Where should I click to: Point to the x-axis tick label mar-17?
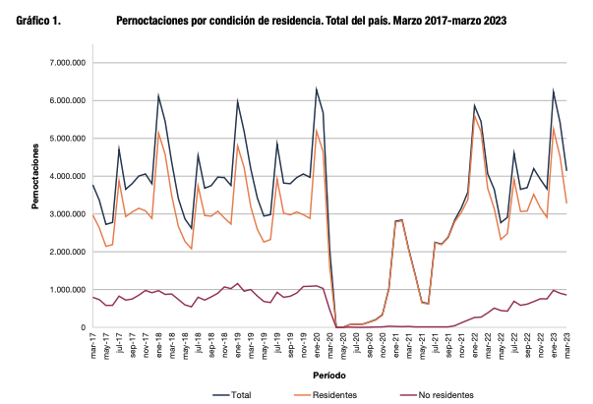pyautogui.click(x=93, y=347)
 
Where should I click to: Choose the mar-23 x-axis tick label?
pyautogui.click(x=568, y=347)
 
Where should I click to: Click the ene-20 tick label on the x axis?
pyautogui.click(x=317, y=347)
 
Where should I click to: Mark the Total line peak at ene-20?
pyautogui.click(x=317, y=88)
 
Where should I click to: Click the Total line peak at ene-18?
pyautogui.click(x=158, y=95)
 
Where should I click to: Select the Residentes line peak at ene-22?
pyautogui.click(x=474, y=113)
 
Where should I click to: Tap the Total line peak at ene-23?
pyautogui.click(x=554, y=90)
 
